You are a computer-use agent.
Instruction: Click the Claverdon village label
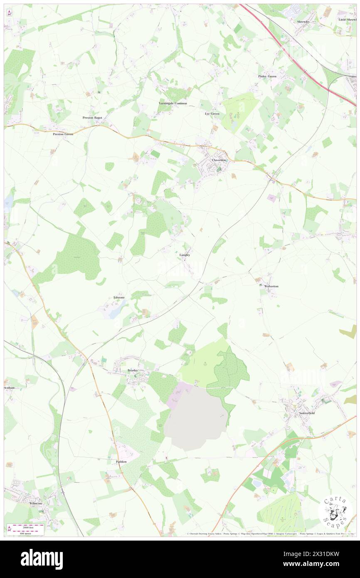[x=219, y=160]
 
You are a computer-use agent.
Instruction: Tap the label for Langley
[x=185, y=255]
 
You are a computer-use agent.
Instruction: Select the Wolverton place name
[x=271, y=287]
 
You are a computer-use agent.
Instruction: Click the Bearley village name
[x=132, y=370]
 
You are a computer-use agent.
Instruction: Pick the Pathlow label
[x=121, y=462]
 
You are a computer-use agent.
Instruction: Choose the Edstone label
[x=119, y=298]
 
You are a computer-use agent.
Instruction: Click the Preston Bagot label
[x=92, y=118]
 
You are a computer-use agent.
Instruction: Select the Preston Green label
[x=63, y=134]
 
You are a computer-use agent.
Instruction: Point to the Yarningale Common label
[x=173, y=103]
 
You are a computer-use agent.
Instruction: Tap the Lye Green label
[x=212, y=114]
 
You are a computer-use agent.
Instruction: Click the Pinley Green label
[x=267, y=77]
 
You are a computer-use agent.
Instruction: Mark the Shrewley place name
[x=303, y=21]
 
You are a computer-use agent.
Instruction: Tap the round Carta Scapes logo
[x=335, y=511]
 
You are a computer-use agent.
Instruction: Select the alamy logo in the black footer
[x=42, y=559]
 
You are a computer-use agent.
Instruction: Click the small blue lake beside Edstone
[x=113, y=313]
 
